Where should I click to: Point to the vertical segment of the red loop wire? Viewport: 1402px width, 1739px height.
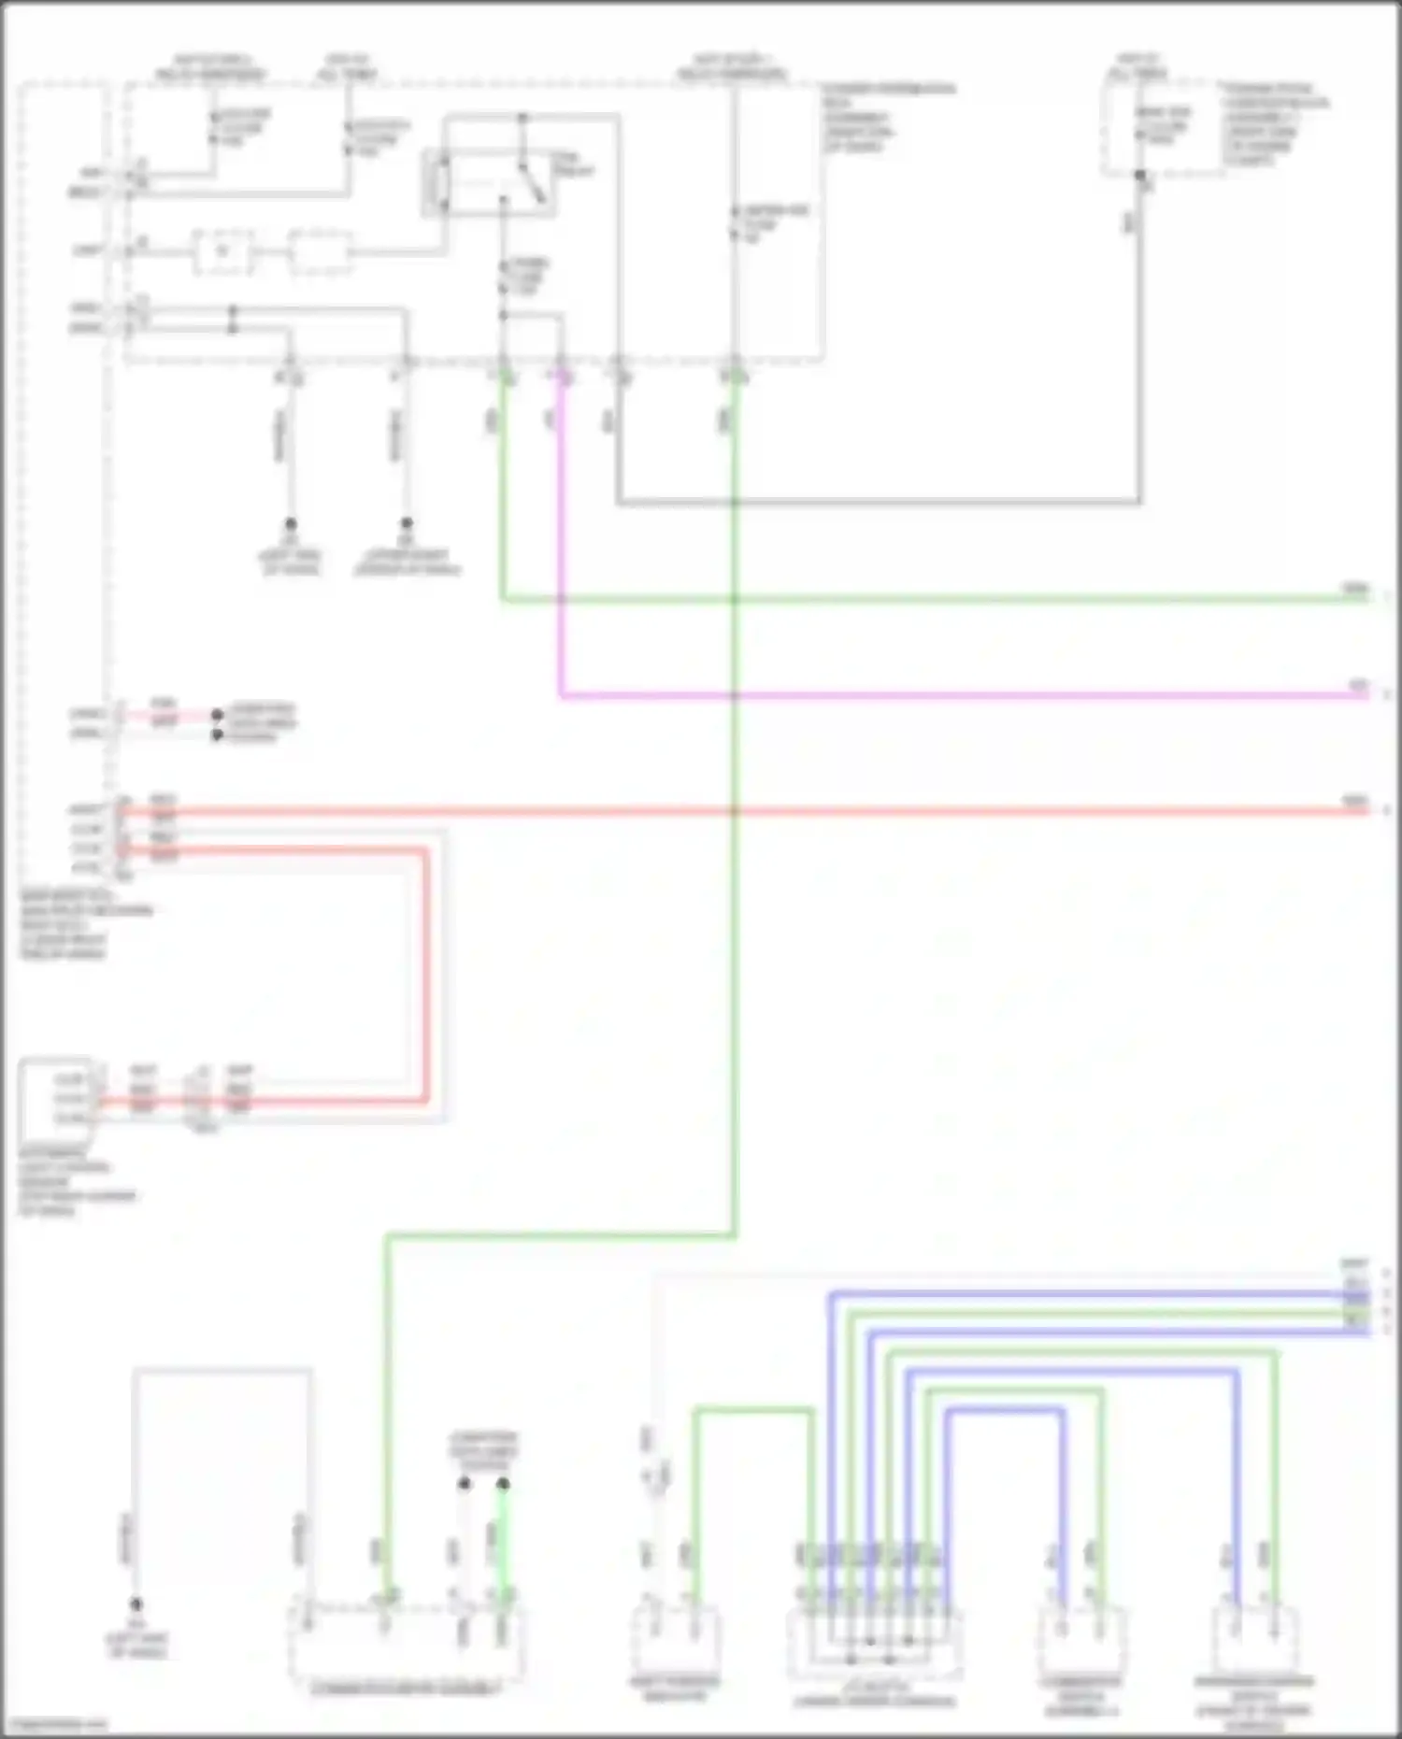pyautogui.click(x=426, y=972)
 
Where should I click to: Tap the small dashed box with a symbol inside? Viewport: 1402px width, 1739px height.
pyautogui.click(x=222, y=251)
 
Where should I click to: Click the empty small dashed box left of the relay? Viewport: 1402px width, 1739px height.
pyautogui.click(x=320, y=251)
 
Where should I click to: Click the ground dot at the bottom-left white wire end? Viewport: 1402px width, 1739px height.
pyautogui.click(x=136, y=1604)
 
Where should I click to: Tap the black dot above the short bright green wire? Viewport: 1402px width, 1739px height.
pyautogui.click(x=503, y=1484)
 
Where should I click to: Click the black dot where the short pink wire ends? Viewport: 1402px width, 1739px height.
pyautogui.click(x=217, y=715)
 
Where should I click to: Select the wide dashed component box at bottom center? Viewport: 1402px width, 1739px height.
pyautogui.click(x=406, y=1645)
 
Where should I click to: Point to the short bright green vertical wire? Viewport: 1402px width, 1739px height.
pyautogui.click(x=503, y=1542)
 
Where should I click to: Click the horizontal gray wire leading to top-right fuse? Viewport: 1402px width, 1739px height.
pyautogui.click(x=879, y=502)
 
